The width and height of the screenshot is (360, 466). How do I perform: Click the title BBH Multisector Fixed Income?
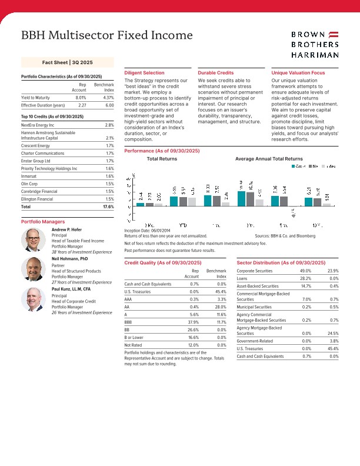click(x=106, y=36)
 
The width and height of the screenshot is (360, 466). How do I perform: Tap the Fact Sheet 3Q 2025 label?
click(x=67, y=62)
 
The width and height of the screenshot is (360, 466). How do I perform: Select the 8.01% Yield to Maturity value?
click(x=81, y=97)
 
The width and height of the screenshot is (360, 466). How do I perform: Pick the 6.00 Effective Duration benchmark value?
click(x=109, y=105)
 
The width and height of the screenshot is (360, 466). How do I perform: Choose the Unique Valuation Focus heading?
click(x=298, y=72)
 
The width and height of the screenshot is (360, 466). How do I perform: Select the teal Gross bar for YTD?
click(x=174, y=201)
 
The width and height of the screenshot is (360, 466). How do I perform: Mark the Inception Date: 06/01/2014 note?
click(x=148, y=230)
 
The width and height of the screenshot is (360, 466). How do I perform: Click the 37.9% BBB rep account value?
click(x=192, y=322)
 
